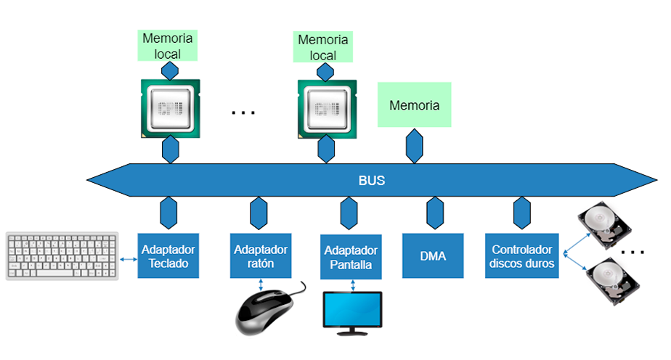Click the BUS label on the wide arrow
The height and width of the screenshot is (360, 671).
pos(371,181)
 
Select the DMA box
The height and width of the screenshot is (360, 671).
pos(433,255)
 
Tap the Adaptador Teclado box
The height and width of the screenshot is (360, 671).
pos(168,255)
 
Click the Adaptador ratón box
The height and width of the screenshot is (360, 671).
pos(261,255)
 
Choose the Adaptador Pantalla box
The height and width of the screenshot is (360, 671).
pos(351,257)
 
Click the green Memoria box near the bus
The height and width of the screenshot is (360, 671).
pos(415,106)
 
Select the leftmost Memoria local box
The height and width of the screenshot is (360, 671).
pos(168,45)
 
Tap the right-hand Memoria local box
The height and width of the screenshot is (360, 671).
pos(323,47)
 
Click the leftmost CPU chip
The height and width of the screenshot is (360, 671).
pos(169,108)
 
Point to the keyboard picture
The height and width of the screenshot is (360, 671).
pos(62,255)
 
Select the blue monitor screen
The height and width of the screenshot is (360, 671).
pos(352,310)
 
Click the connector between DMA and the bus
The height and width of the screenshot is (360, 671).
pos(435,213)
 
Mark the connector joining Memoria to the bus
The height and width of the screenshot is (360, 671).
pos(415,146)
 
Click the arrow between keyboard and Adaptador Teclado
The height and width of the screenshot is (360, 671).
pos(129,258)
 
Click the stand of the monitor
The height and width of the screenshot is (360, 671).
pos(352,332)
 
